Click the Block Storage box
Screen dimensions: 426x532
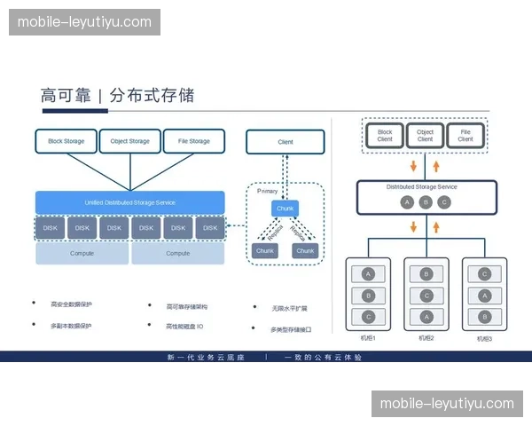[x=66, y=141]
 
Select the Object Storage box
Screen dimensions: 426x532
[x=130, y=141]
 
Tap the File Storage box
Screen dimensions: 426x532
[x=194, y=141]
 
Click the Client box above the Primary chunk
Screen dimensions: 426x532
[x=286, y=142]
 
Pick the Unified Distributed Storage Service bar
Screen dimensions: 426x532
[x=130, y=202]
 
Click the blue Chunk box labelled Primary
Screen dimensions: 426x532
[x=286, y=209]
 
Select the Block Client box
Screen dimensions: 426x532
[x=385, y=135]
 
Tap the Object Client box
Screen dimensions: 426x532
[x=425, y=135]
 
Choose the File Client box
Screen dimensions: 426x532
[x=465, y=135]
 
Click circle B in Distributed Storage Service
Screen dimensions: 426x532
[x=426, y=201]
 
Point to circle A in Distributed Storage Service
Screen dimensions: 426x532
[x=407, y=201]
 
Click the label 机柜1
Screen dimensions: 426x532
[x=368, y=338]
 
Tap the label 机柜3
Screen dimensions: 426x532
[x=484, y=338]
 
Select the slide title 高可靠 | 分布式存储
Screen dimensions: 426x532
[x=118, y=95]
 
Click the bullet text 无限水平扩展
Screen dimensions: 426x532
[x=290, y=308]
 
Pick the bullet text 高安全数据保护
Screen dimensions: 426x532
[x=72, y=305]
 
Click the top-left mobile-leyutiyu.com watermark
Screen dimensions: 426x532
[x=85, y=22]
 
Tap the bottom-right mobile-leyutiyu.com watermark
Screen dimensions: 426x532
[x=447, y=403]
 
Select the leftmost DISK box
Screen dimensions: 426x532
[x=51, y=228]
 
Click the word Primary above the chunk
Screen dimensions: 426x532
[x=269, y=191]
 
